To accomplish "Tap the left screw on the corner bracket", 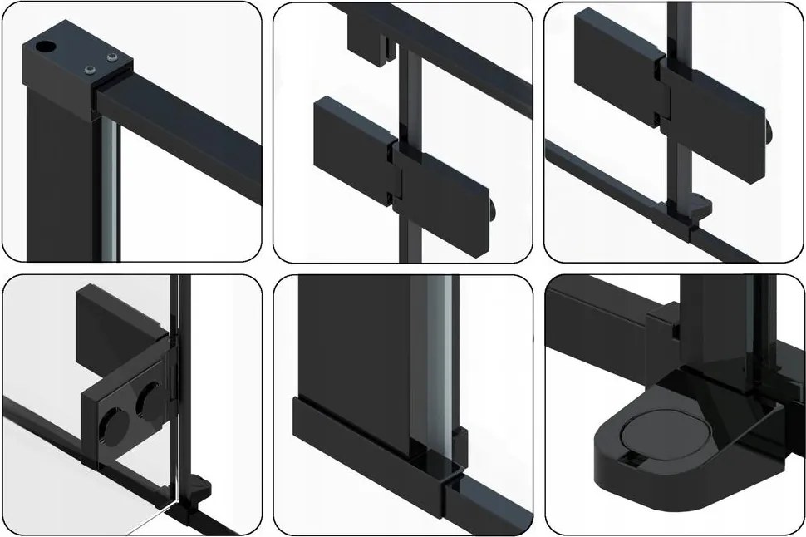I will coord(87,71).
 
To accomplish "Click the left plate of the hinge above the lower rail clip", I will coord(616,49).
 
